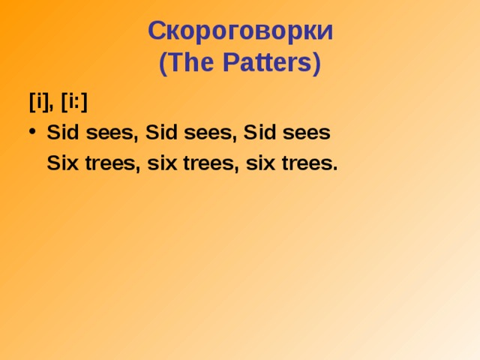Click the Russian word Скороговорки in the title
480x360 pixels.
click(240, 31)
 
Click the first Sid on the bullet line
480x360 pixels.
click(61, 133)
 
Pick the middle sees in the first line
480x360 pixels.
click(209, 134)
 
